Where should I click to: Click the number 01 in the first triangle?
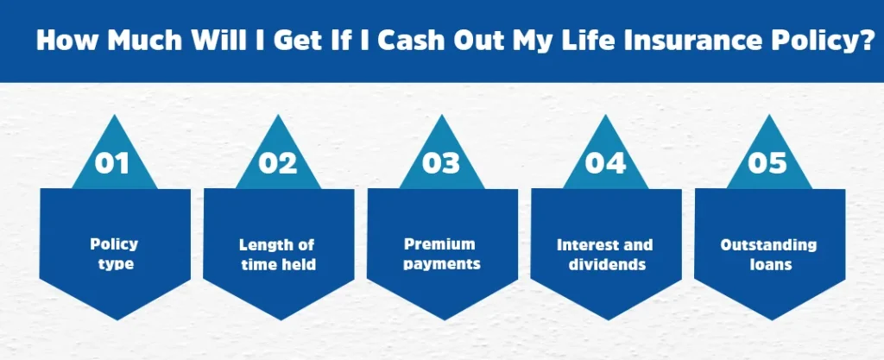pos(112,163)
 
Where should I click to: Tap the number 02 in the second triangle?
pos(278,163)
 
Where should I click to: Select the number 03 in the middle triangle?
pos(441,163)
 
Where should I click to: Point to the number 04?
pos(605,163)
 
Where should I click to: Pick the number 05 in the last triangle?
pos(767,163)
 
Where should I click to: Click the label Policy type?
pos(115,254)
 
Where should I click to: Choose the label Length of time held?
pos(277,255)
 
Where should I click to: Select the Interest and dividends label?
pos(605,255)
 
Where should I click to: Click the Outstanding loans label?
pos(768,255)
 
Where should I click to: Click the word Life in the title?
pos(616,41)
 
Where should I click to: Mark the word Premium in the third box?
pos(439,244)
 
